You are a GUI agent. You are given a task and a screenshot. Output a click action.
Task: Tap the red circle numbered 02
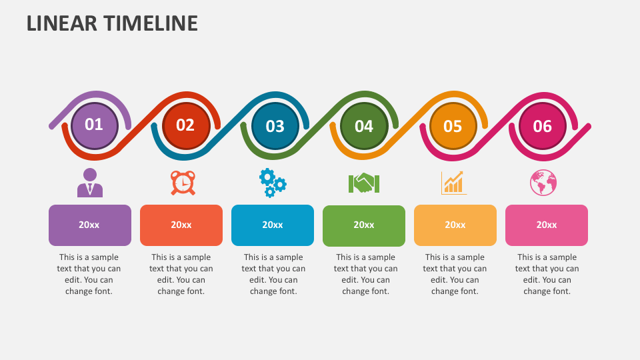186,126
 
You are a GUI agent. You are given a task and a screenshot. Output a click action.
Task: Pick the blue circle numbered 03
275,126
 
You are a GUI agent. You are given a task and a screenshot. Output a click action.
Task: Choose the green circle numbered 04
364,126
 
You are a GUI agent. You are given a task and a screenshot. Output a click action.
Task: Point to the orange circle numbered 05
453,126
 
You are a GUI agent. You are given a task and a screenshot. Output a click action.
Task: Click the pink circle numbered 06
543,126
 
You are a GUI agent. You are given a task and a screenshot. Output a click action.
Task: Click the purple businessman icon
90,183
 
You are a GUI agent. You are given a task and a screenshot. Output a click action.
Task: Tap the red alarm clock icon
183,183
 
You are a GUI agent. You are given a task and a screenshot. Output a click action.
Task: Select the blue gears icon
273,183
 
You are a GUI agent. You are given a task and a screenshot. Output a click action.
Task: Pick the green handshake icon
364,183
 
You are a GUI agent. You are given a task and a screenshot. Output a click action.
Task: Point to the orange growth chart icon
453,183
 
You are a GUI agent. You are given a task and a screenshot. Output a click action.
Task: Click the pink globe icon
543,183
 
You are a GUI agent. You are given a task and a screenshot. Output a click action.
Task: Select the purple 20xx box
90,225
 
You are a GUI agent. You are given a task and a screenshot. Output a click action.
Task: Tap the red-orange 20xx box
181,225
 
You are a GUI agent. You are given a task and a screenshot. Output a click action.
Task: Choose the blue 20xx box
273,225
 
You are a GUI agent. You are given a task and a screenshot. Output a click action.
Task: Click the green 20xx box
364,226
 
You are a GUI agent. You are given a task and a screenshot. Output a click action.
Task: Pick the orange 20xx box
455,225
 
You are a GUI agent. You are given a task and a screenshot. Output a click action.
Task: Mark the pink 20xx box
547,225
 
